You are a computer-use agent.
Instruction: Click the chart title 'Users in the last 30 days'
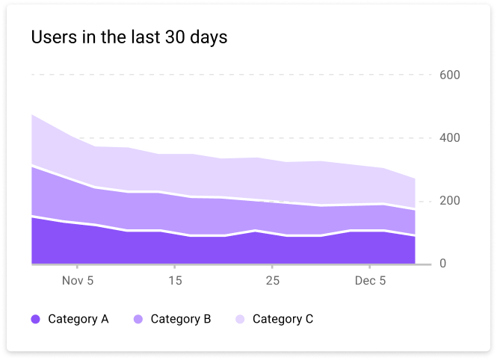[129, 37]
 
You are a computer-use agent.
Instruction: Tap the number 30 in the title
[175, 37]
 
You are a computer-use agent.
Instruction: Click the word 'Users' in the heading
[55, 37]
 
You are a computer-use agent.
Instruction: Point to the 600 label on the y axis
[450, 75]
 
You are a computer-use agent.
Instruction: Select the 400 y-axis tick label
[450, 137]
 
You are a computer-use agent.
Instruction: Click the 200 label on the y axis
[450, 201]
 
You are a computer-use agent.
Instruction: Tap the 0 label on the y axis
[442, 264]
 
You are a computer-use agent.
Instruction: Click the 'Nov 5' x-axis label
[78, 281]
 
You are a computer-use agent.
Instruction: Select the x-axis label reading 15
[175, 281]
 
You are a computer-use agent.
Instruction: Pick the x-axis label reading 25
[273, 281]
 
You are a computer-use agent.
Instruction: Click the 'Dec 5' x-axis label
[370, 281]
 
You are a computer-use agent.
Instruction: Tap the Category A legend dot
[36, 319]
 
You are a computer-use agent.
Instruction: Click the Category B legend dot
[138, 319]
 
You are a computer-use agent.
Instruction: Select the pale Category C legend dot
[240, 319]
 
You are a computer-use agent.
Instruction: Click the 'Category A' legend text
[78, 319]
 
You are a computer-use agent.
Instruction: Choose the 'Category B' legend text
[181, 319]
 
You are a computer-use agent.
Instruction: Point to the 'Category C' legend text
[283, 319]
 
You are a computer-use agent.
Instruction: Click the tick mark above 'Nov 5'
[77, 267]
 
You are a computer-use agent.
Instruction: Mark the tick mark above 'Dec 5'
[370, 267]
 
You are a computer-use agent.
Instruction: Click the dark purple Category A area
[222, 250]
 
